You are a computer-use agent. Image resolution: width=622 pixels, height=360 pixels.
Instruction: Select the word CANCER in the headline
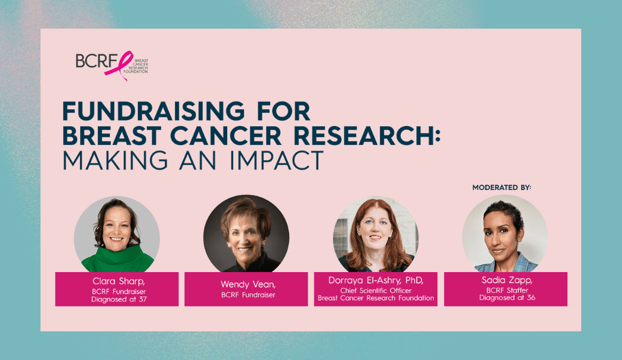234,135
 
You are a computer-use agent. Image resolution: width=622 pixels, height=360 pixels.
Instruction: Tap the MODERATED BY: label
502,188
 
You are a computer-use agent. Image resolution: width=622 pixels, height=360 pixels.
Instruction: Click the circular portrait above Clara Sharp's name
117,235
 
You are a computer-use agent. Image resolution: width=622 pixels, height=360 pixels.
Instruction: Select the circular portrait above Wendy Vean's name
246,235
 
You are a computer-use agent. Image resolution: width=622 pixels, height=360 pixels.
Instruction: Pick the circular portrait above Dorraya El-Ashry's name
375,235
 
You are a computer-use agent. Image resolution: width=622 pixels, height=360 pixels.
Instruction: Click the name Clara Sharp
117,282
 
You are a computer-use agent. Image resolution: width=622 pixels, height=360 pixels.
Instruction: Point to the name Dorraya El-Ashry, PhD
375,280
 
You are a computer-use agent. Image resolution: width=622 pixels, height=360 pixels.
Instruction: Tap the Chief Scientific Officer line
375,290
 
